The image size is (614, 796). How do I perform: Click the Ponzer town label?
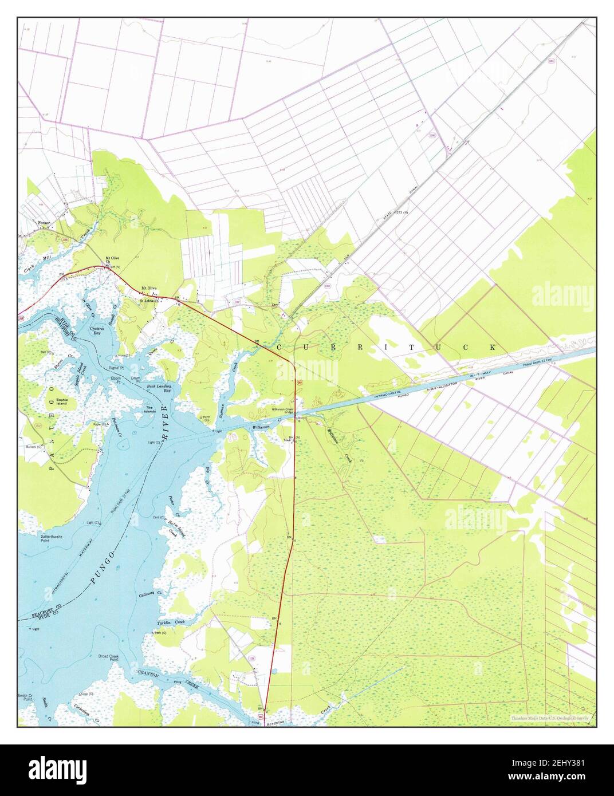pos(44,222)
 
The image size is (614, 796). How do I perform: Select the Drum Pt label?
pos(135,379)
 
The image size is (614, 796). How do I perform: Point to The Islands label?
pos(149,409)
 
